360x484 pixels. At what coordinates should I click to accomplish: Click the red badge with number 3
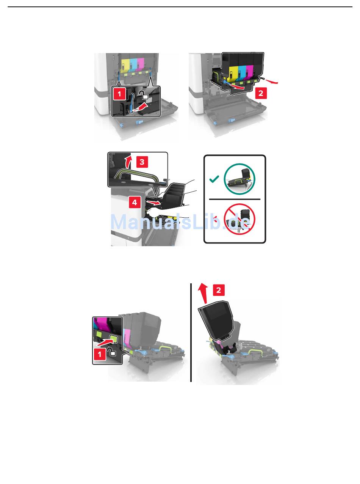(142, 162)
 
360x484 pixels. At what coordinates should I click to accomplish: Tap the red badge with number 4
(135, 202)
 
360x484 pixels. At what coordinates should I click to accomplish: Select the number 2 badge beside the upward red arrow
(219, 290)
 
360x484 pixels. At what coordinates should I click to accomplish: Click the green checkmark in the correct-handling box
(214, 179)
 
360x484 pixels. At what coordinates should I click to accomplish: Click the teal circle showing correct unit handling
(239, 179)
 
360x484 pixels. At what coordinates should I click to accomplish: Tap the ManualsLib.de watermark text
(180, 222)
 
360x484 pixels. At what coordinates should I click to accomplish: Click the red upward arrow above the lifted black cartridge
(203, 293)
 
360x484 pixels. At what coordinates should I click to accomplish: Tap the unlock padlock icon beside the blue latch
(144, 95)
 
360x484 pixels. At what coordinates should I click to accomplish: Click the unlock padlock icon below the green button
(112, 352)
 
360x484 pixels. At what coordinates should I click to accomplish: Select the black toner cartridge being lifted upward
(217, 321)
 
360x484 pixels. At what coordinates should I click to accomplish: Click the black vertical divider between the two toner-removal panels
(191, 333)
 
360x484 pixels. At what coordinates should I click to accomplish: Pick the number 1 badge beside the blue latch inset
(119, 94)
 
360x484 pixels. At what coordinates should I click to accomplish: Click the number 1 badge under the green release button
(100, 354)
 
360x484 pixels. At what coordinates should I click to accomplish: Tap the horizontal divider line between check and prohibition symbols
(235, 199)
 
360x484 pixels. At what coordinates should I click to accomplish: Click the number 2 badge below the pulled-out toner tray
(261, 93)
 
